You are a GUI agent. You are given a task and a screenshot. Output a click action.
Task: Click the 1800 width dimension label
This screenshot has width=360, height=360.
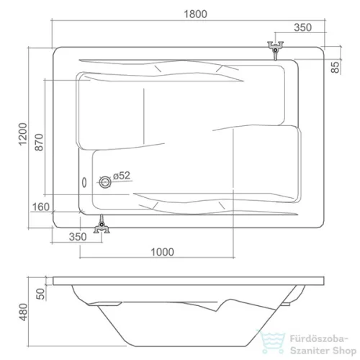click(195, 14)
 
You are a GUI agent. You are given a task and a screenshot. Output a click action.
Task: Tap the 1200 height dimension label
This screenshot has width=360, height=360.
click(23, 134)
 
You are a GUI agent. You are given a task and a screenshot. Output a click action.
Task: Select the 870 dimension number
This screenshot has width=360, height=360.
click(39, 143)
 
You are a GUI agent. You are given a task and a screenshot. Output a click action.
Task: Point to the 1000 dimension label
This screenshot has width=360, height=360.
click(162, 252)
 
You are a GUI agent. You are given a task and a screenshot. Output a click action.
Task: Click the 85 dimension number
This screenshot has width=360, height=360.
click(336, 67)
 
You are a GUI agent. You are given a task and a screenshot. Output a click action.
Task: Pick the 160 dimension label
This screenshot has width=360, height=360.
click(41, 207)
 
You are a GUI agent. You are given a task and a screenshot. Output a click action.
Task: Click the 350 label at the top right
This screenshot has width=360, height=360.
click(303, 27)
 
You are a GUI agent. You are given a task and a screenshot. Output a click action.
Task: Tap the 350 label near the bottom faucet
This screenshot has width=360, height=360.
click(78, 237)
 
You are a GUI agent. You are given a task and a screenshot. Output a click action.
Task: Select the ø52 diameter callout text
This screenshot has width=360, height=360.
click(122, 176)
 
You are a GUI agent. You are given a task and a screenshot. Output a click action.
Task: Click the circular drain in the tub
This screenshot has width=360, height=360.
click(105, 182)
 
